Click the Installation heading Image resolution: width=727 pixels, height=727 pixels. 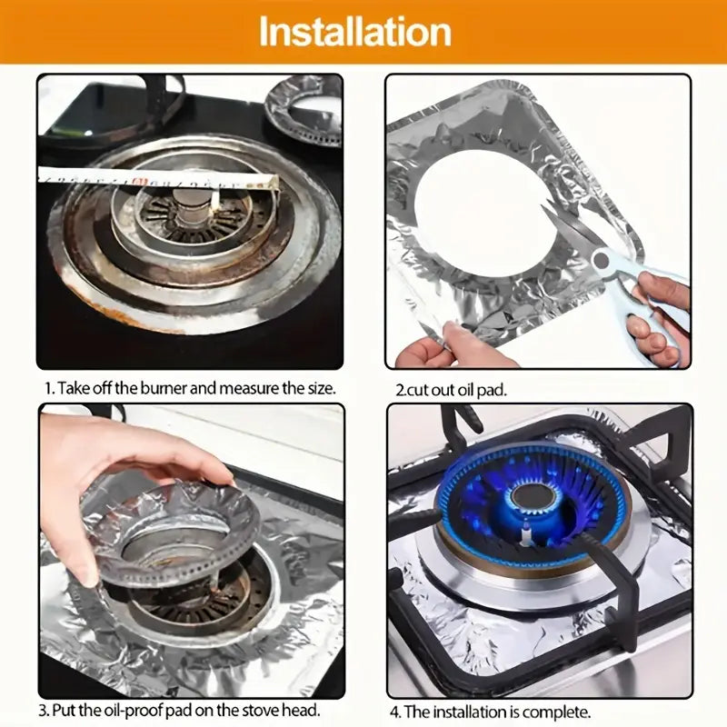pyautogui.click(x=354, y=32)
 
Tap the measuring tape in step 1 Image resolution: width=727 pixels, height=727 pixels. pyautogui.click(x=154, y=175)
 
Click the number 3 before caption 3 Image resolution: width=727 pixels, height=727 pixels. pyautogui.click(x=43, y=710)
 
